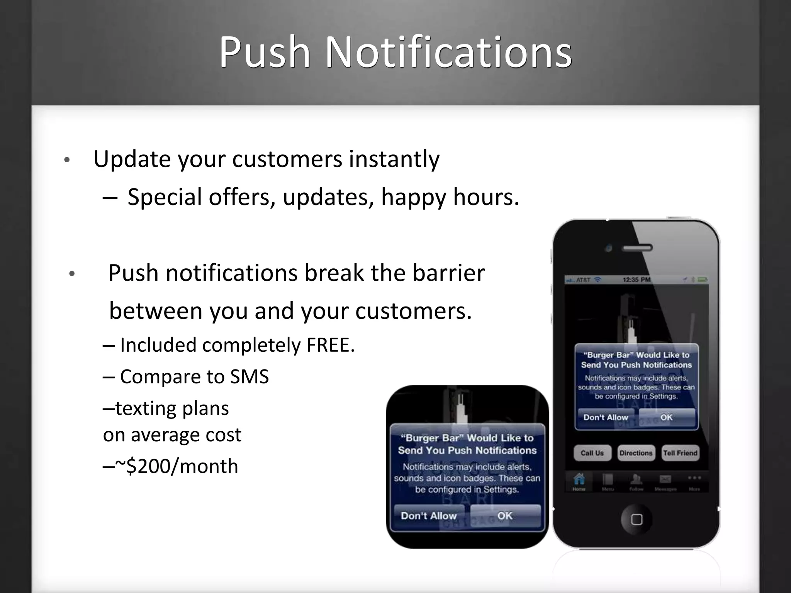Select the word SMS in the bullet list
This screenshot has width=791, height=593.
pyautogui.click(x=249, y=376)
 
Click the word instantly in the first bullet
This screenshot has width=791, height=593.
pyautogui.click(x=394, y=159)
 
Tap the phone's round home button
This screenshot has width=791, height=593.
pyautogui.click(x=637, y=519)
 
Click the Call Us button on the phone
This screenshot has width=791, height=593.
pyautogui.click(x=592, y=453)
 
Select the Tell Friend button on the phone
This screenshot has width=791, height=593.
pyautogui.click(x=680, y=453)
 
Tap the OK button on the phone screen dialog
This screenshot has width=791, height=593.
pyautogui.click(x=666, y=417)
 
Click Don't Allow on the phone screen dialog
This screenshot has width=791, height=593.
pyautogui.click(x=605, y=417)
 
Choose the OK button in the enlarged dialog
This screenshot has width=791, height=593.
pyautogui.click(x=504, y=516)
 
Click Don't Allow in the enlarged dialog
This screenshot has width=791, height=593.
pyautogui.click(x=429, y=516)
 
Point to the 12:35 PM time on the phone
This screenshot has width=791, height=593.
pyautogui.click(x=637, y=280)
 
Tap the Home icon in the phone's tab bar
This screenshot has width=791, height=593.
pyautogui.click(x=579, y=481)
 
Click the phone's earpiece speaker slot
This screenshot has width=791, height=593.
pyautogui.click(x=637, y=248)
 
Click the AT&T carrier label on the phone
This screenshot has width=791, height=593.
pyautogui.click(x=583, y=280)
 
